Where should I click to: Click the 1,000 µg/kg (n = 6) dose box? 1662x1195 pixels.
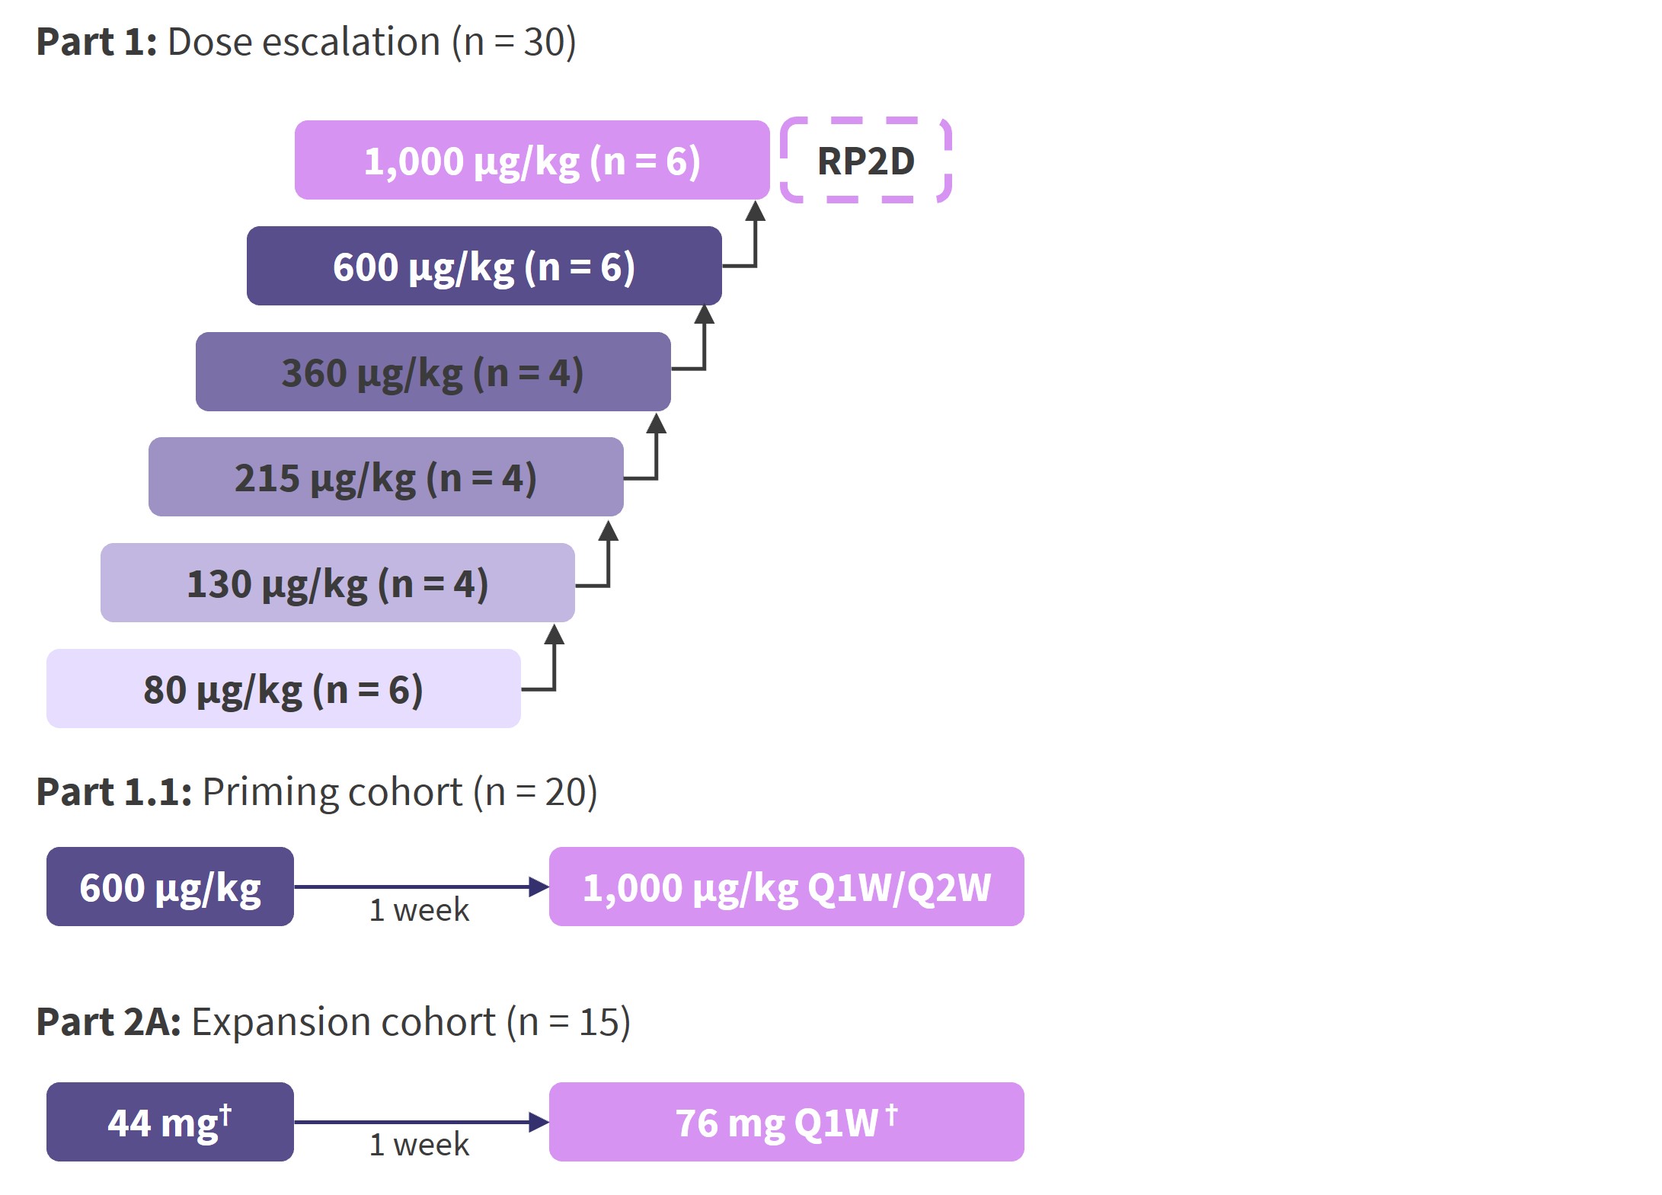tap(532, 160)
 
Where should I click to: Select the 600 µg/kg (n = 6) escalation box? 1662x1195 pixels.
tap(484, 266)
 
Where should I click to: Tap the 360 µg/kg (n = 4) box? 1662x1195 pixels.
tap(433, 372)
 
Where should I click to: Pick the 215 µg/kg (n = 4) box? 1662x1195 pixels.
tap(385, 477)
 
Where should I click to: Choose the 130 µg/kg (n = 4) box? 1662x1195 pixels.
tap(337, 583)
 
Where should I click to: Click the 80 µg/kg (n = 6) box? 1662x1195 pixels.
tap(283, 689)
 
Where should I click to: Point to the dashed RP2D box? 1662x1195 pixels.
tap(866, 161)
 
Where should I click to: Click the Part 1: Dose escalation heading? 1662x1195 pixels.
tap(306, 42)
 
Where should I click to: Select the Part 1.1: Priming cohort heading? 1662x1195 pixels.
tap(317, 792)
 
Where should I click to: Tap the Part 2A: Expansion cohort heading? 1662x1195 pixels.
tap(334, 1022)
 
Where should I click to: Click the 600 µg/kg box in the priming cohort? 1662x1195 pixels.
tap(170, 887)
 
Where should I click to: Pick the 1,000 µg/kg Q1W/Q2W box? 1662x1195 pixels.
tap(786, 887)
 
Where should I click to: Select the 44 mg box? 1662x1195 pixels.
tap(170, 1122)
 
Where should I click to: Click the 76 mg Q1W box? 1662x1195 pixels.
tap(786, 1122)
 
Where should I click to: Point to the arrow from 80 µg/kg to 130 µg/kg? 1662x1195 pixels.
tap(554, 663)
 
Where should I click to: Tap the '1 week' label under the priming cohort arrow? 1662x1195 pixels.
tap(420, 910)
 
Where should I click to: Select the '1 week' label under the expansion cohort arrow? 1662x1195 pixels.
tap(420, 1145)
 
